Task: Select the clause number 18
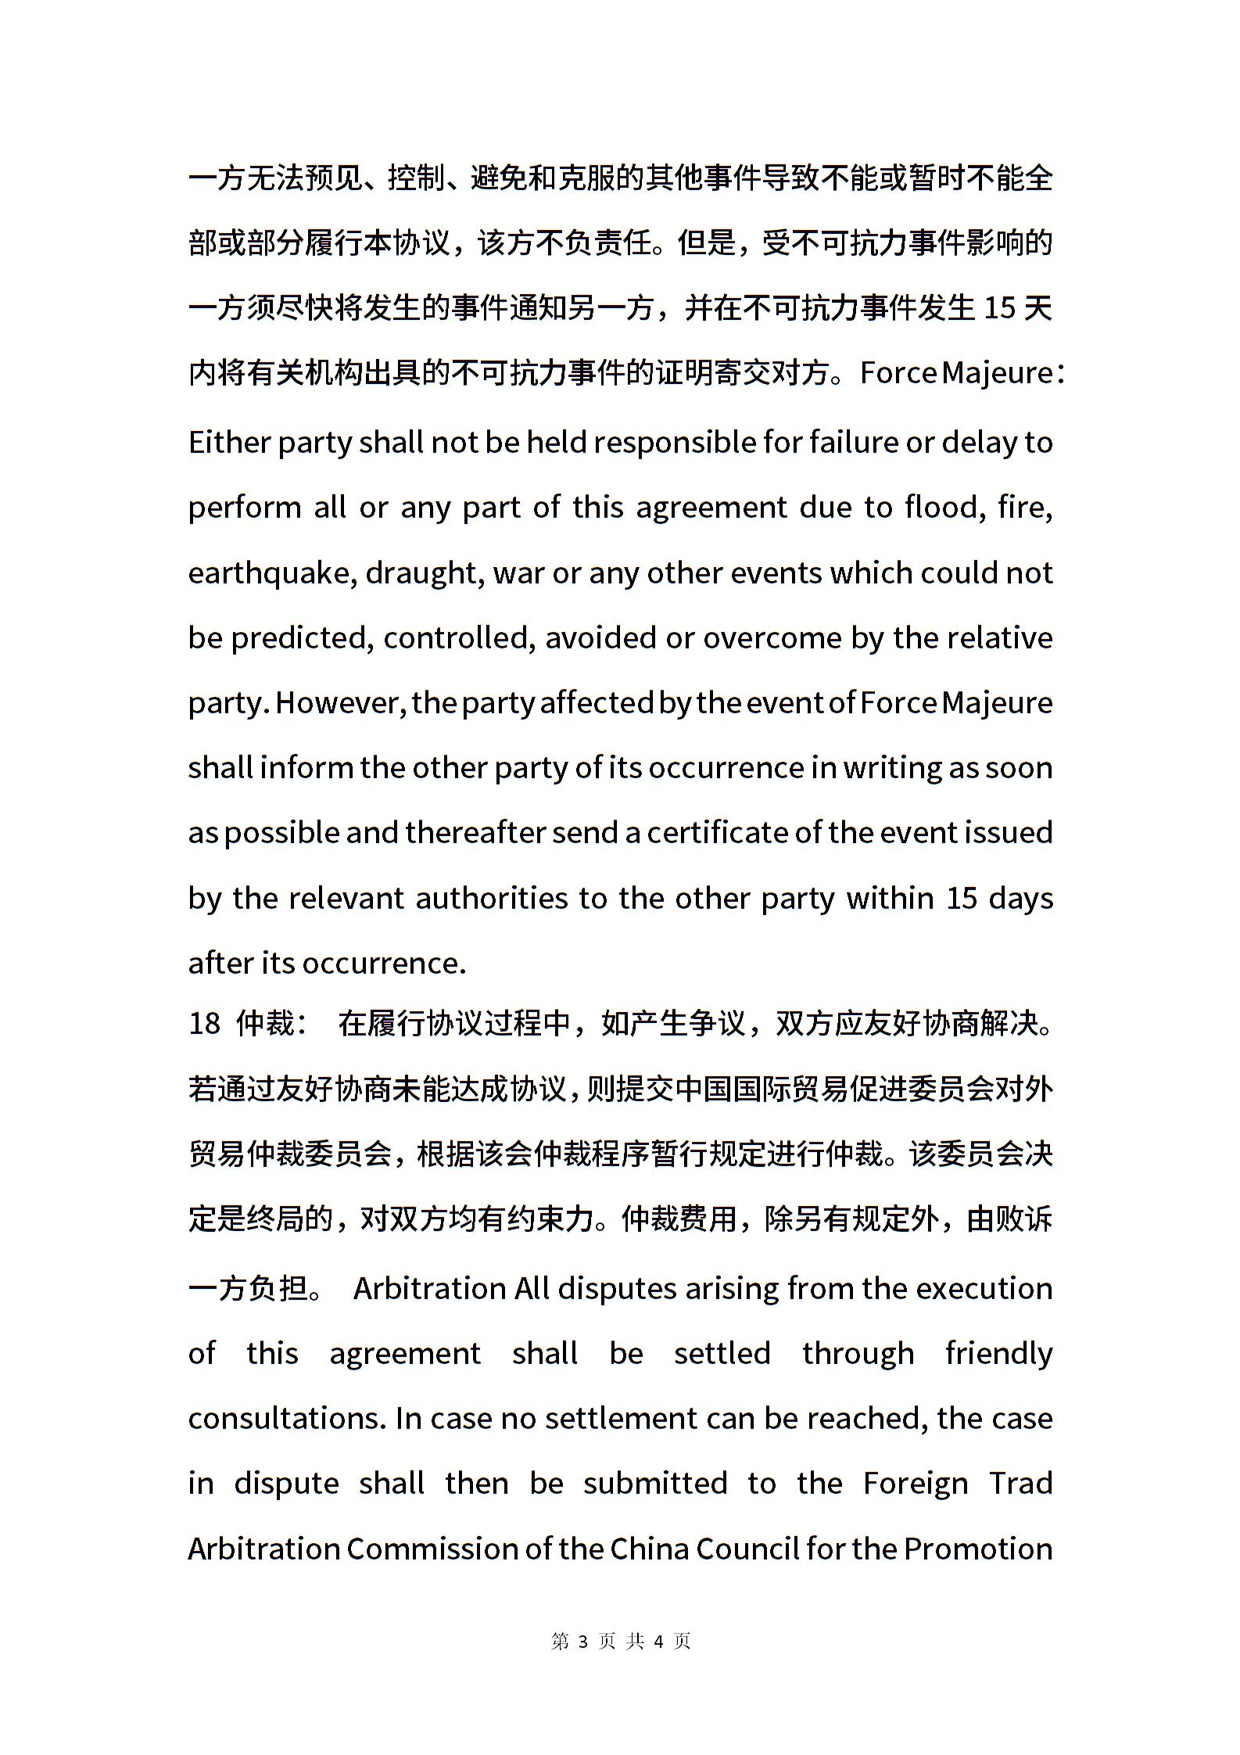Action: click(204, 1023)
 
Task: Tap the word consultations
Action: click(286, 1419)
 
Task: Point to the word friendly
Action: click(998, 1354)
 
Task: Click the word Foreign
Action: click(916, 1484)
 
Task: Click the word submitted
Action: click(655, 1484)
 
